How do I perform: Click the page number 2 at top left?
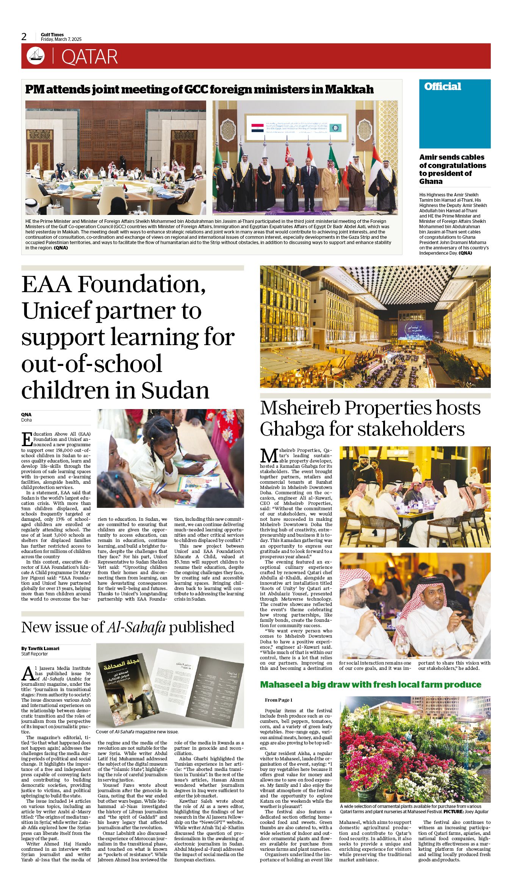24,37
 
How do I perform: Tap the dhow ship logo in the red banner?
36,56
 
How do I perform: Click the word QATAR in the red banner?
89,57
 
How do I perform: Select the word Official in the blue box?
442,87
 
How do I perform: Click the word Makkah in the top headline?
349,89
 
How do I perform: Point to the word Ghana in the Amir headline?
431,182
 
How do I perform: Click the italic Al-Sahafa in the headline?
136,627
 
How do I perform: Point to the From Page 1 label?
279,700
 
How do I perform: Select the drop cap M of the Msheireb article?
268,455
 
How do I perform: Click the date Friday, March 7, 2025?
61,39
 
